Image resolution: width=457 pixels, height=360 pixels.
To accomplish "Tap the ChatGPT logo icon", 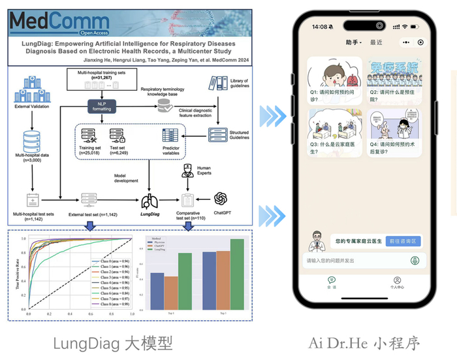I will click(220, 198).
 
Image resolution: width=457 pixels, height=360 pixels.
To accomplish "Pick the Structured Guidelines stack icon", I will click(217, 134).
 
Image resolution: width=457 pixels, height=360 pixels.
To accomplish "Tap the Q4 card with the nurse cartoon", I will click(394, 135).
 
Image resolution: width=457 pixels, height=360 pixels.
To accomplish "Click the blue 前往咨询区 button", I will click(403, 240).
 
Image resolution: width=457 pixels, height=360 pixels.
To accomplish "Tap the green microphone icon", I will click(414, 261).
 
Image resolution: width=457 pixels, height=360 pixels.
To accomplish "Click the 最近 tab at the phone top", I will click(377, 42).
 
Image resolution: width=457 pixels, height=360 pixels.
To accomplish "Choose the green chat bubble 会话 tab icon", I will click(331, 280).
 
